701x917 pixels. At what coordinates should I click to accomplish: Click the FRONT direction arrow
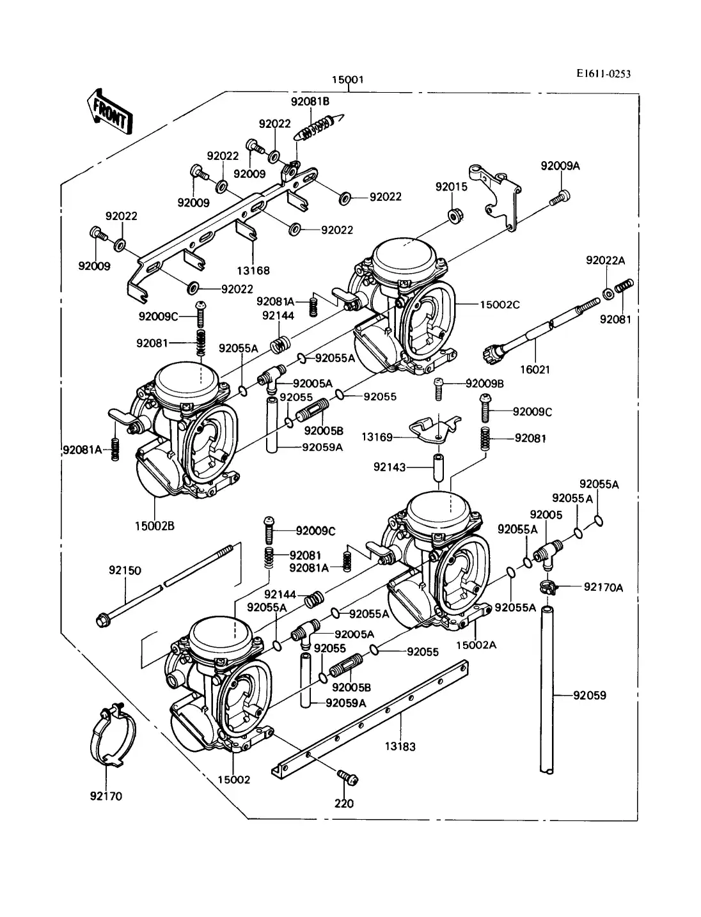click(109, 113)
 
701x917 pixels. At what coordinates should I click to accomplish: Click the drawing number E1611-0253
click(603, 74)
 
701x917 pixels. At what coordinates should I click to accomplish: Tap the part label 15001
click(347, 80)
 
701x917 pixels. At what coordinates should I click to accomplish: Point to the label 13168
click(255, 270)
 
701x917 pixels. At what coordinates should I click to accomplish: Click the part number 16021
click(535, 369)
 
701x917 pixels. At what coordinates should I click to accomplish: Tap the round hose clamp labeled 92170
click(111, 737)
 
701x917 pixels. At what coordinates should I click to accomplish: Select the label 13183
click(400, 746)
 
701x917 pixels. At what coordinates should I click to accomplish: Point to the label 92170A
click(603, 587)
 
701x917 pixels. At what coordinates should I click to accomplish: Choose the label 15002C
click(500, 304)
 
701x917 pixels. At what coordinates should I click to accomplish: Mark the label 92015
click(452, 187)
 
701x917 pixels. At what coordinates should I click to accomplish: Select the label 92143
click(390, 467)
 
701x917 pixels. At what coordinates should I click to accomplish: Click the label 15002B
click(154, 526)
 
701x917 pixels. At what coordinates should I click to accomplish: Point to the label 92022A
click(605, 260)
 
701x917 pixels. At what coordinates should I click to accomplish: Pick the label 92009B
click(485, 384)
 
